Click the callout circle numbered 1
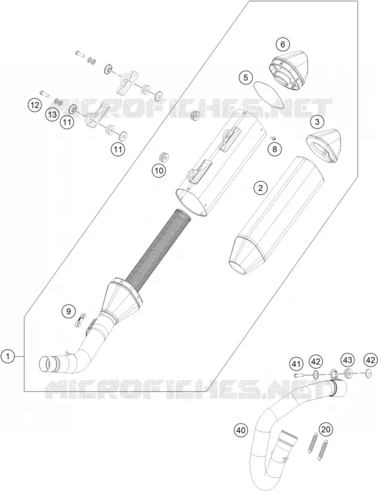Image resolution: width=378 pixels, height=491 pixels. pos(8,356)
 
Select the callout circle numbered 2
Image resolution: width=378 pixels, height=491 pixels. pos(260,188)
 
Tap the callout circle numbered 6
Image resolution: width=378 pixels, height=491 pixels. pos(283,45)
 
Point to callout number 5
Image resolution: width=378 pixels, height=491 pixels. pos(246,78)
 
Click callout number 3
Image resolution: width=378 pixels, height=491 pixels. pos(317,122)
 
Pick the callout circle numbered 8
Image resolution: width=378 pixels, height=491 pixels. pos(274,149)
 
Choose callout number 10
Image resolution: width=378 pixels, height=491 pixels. pos(159,171)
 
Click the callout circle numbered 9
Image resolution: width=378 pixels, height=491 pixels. pos(68,311)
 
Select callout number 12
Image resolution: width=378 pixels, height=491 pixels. pos(35,105)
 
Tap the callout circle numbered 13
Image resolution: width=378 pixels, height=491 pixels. pos(52,115)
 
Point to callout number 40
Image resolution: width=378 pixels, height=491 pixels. pos(240,430)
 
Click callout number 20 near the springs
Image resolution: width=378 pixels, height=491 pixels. pos(326,429)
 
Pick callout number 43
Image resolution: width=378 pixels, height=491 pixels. pos(347,360)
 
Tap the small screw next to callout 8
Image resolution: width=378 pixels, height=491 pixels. pos(273,137)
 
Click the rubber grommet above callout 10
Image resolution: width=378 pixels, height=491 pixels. pos(195,115)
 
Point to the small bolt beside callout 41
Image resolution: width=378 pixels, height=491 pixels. pos(298,375)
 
